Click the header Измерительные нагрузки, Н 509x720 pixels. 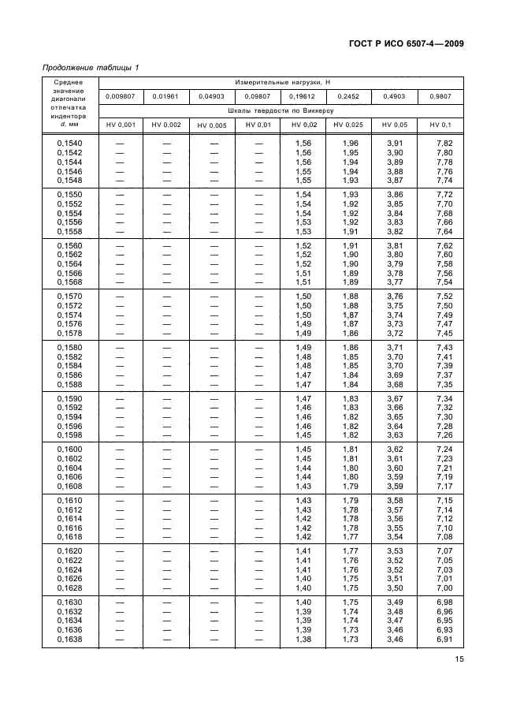point(281,83)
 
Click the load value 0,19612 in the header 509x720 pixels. point(303,96)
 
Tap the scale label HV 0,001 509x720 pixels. point(121,125)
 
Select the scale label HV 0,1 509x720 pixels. point(440,125)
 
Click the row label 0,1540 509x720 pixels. point(69,142)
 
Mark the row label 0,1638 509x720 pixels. point(69,640)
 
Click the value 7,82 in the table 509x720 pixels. point(444,142)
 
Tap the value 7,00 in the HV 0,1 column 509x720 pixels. point(444,588)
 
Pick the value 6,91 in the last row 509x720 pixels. point(444,640)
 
